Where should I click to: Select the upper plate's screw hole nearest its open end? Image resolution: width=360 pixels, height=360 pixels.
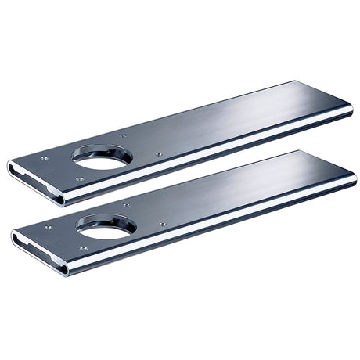coord(45,158)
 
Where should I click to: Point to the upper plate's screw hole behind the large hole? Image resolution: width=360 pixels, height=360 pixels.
coord(122,135)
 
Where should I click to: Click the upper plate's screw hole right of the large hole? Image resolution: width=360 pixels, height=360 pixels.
coord(159,154)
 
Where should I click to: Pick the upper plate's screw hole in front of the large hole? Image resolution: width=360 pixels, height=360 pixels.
coord(80,178)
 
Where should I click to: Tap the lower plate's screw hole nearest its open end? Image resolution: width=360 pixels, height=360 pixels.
coord(49,228)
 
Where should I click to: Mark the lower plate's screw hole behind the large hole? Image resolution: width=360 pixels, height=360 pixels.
coord(126,206)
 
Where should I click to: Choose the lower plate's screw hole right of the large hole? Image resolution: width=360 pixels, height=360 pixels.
coord(163,225)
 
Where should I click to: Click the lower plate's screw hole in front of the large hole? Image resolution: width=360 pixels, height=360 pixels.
coord(83,249)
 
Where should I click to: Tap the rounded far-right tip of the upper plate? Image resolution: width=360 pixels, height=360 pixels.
coord(349,110)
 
